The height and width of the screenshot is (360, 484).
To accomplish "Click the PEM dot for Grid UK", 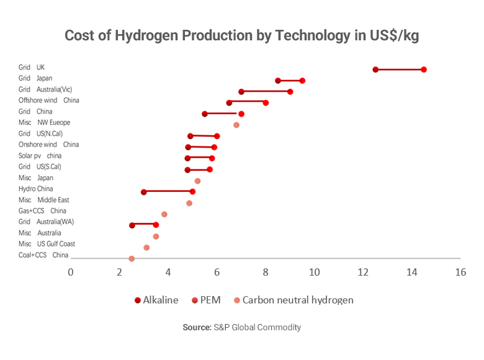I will click(424, 70).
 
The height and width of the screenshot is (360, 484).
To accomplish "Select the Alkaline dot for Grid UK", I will click(375, 70).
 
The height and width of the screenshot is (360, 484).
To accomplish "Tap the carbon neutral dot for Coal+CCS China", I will click(132, 258).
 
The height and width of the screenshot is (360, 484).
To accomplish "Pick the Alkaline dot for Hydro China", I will click(144, 192).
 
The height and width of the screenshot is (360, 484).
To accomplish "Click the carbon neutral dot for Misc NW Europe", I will click(236, 125).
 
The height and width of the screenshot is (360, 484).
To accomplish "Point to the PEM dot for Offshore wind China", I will click(266, 102).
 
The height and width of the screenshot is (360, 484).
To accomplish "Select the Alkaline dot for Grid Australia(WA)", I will click(132, 225).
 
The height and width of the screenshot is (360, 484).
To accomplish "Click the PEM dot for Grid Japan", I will click(302, 81).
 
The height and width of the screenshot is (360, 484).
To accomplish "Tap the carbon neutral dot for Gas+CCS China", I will click(164, 214).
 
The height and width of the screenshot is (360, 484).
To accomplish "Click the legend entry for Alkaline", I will click(156, 300).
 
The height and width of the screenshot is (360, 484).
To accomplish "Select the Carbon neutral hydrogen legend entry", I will click(292, 300).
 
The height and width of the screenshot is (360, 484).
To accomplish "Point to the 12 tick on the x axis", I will click(363, 272).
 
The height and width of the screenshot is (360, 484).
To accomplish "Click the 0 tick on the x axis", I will click(71, 272).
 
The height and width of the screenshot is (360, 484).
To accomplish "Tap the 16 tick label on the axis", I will click(460, 272).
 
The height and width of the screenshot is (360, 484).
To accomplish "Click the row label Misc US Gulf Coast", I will click(47, 244).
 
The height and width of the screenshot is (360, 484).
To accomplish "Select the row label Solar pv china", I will click(40, 156).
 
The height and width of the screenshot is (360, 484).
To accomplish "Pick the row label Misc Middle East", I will click(43, 200).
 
